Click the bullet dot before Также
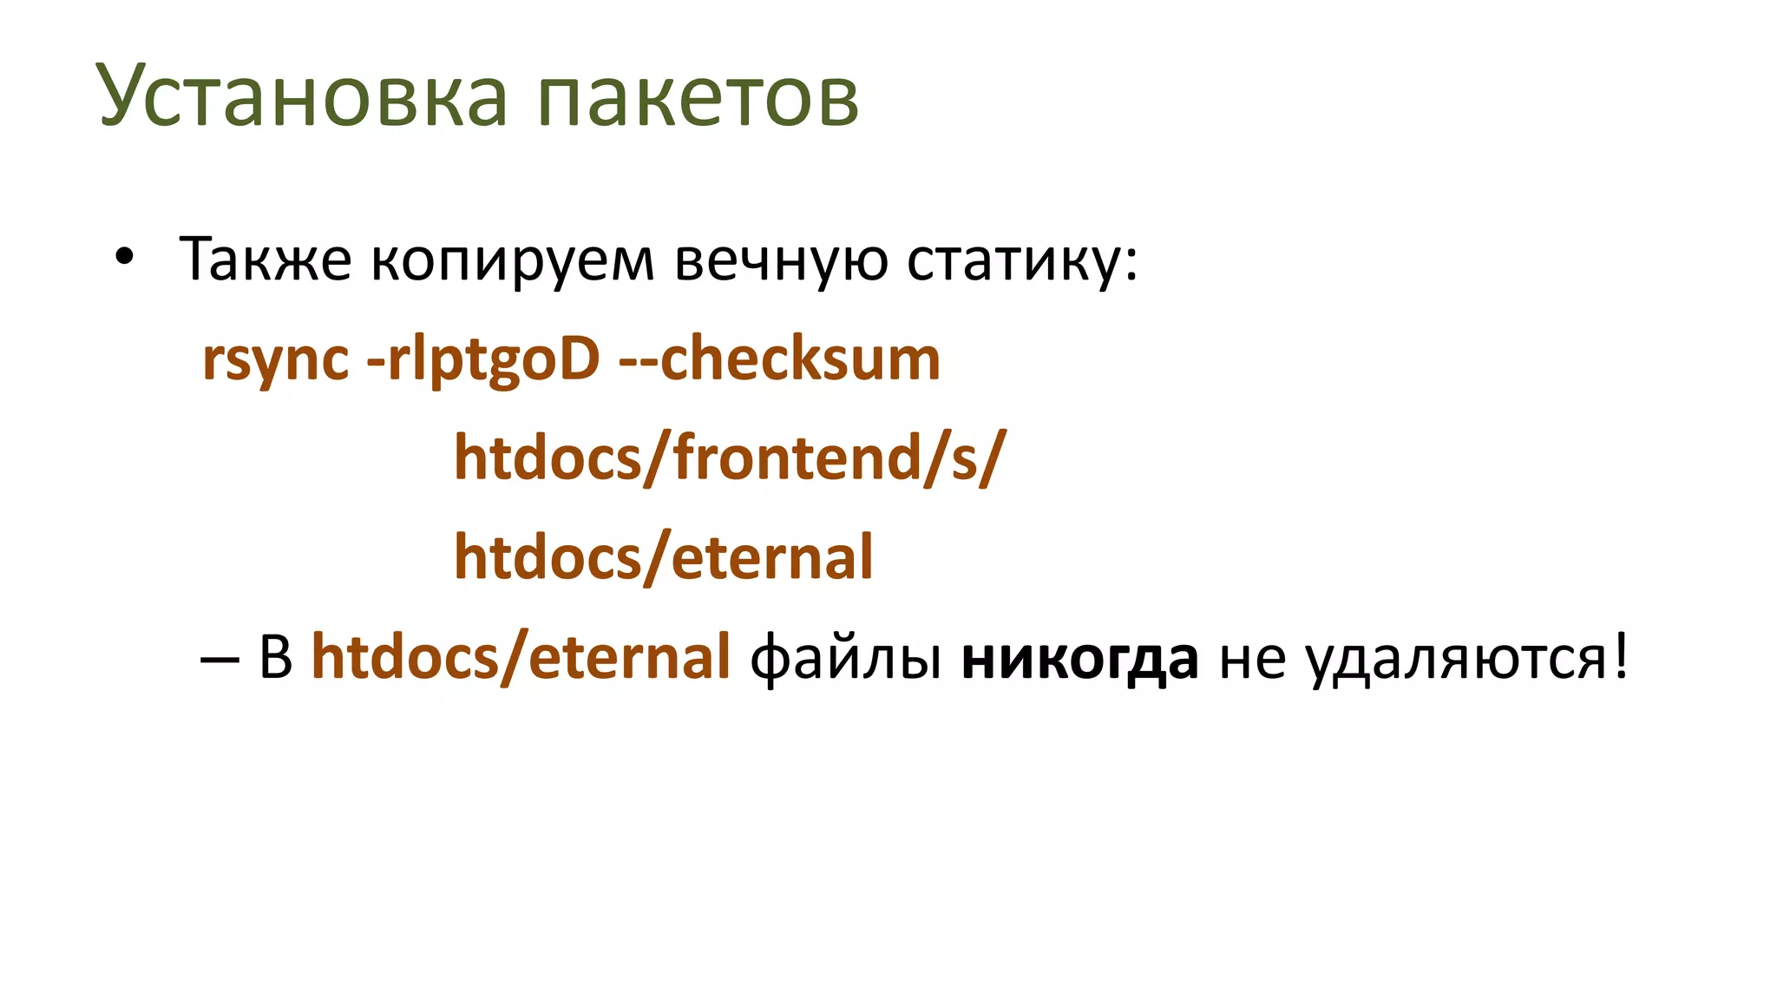(x=125, y=257)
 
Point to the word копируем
(x=512, y=260)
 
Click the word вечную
(x=781, y=260)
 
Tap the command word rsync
(x=275, y=359)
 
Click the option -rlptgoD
(x=483, y=359)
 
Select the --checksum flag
(x=779, y=358)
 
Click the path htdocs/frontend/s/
(x=730, y=457)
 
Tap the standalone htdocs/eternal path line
(x=663, y=557)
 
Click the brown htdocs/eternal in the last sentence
(x=521, y=657)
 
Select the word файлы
(x=846, y=657)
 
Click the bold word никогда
(x=1080, y=659)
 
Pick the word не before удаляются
(x=1252, y=659)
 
